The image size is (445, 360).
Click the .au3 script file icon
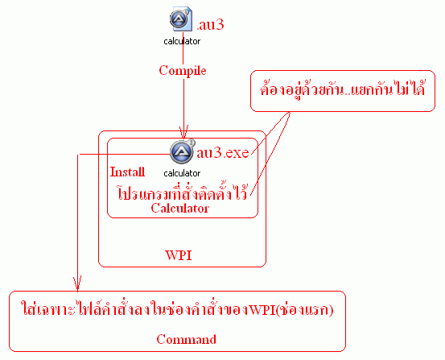[x=181, y=19]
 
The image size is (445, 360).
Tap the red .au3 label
[x=210, y=25]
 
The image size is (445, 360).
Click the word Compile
[x=183, y=71]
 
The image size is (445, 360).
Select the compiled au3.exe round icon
[x=182, y=151]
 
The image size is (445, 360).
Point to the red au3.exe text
[x=223, y=153]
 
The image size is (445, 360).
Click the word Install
[x=127, y=172]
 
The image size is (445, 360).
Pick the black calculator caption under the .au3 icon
[x=182, y=41]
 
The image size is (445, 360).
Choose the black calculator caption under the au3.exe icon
[x=182, y=173]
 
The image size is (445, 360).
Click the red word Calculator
[x=180, y=209]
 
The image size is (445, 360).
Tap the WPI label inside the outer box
[x=179, y=255]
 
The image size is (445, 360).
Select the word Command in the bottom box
[x=187, y=339]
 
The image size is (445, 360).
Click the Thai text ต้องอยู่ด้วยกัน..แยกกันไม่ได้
[x=342, y=89]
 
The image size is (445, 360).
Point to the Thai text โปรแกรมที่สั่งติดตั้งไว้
[x=182, y=192]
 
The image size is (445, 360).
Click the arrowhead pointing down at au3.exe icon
[x=183, y=132]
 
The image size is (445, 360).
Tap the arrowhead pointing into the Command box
[x=77, y=283]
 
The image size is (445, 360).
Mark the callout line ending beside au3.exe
[x=270, y=133]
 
